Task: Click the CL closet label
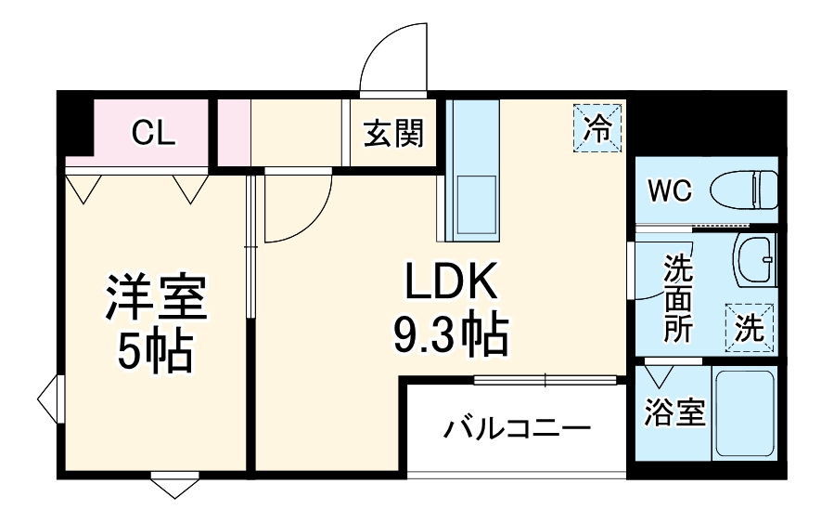[x=153, y=133]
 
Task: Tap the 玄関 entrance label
[x=392, y=134]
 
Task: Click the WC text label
[x=670, y=191]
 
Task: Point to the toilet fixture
[x=745, y=190]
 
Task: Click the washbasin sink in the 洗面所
[x=755, y=259]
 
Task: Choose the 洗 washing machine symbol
[x=750, y=327]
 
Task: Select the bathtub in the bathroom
[x=744, y=412]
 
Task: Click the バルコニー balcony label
[x=516, y=429]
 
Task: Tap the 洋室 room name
[x=155, y=297]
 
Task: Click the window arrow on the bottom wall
[x=174, y=486]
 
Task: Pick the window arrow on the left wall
[x=49, y=399]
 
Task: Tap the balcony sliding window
[x=545, y=379]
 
